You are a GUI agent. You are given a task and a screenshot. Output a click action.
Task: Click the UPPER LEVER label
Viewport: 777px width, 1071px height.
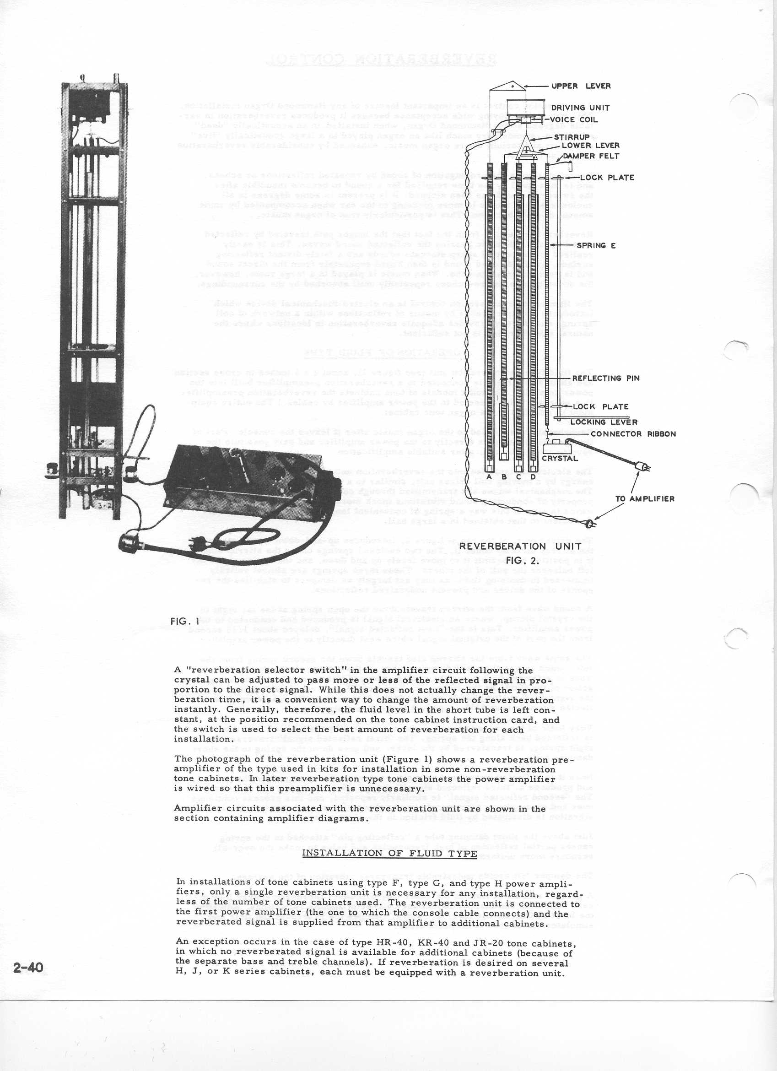coord(581,86)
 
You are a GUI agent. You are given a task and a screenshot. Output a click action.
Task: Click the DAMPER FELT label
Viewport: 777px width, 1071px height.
coord(594,156)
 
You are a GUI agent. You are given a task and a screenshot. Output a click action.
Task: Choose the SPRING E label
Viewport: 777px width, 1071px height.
coord(596,246)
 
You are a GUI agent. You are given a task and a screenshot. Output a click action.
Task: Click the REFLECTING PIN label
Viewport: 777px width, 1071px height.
coord(606,378)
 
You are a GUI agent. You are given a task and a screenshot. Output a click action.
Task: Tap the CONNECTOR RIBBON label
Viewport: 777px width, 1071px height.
coord(633,434)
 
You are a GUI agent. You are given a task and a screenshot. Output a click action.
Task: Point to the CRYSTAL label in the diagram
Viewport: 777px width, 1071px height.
coord(559,458)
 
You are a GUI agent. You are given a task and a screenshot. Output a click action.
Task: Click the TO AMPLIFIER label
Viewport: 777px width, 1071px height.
coord(645,499)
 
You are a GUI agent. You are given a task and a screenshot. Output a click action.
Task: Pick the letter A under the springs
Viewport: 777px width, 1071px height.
coord(489,476)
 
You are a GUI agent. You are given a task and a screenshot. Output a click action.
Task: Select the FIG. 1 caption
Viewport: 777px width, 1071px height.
coord(185,622)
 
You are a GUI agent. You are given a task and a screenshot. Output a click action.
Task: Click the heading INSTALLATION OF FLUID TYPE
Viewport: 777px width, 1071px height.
coord(389,853)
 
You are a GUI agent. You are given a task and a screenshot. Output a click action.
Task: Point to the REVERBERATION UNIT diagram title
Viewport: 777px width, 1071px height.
coord(520,546)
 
